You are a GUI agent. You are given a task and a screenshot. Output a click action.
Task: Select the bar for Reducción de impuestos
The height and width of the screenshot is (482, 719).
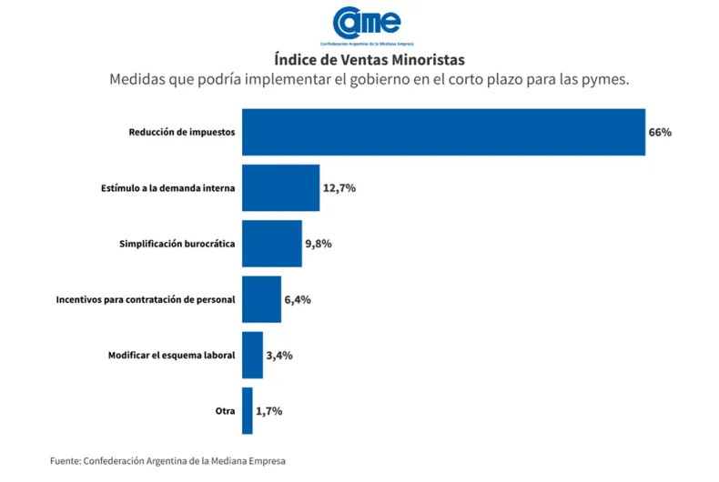pos(443,132)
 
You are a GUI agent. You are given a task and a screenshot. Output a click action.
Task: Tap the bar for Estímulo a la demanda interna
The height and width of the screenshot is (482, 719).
pos(280,187)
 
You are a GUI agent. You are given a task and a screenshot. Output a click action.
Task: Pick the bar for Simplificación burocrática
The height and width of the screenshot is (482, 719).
pos(271,244)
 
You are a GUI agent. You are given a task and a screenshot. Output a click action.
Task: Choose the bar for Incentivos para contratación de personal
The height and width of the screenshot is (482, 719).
pos(261,299)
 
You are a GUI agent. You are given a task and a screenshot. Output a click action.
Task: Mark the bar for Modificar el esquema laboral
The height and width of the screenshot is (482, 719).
pos(252,355)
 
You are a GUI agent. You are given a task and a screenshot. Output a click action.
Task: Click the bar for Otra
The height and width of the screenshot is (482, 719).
pos(247,410)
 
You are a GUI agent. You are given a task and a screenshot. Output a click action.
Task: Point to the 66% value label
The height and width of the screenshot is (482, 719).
pos(660,132)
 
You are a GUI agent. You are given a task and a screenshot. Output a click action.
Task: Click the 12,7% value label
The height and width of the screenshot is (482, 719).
pos(339,187)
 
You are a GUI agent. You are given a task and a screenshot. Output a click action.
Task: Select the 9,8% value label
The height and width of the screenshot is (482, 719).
pos(319,244)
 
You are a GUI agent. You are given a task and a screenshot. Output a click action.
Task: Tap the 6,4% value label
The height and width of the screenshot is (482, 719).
pos(298,299)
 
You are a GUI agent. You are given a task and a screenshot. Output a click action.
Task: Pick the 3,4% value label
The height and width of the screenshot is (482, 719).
pos(278,355)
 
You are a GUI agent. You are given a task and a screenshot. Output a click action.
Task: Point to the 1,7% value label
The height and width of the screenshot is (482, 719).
pos(268,410)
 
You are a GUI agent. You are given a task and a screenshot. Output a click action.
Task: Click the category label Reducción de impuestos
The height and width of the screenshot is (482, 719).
pos(181,132)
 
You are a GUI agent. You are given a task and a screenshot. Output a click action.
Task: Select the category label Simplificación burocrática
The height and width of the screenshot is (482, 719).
pos(177,244)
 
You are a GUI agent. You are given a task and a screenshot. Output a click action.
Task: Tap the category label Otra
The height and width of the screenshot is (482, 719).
pos(225,410)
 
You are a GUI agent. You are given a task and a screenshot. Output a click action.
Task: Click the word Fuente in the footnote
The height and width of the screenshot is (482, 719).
pos(65,461)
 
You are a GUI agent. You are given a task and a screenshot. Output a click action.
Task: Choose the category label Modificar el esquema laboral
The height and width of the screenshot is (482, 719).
pos(171,355)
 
